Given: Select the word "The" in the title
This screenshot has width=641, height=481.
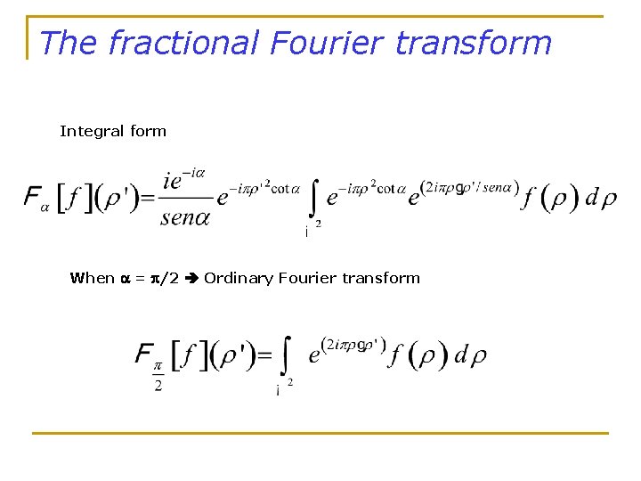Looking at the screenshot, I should pos(69,42).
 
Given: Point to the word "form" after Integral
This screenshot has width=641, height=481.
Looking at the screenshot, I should pos(148,131).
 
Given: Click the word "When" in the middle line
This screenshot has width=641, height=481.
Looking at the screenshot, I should pos(92,278).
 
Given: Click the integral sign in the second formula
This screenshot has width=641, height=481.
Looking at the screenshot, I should pos(285,357).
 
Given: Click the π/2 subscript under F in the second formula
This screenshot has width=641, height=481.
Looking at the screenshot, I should pos(158,375).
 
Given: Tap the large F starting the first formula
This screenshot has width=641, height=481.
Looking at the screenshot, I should pos(32,197).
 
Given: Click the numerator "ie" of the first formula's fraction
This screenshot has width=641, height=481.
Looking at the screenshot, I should pos(176,180).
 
